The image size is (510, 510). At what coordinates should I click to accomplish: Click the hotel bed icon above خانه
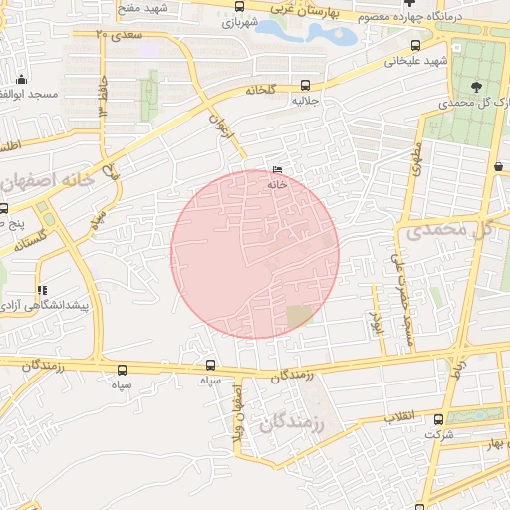coord(276,171)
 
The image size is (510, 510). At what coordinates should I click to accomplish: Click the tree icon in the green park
coord(475,87)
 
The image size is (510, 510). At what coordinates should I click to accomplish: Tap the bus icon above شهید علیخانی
coord(415,45)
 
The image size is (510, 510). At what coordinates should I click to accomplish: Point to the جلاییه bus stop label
coord(304,101)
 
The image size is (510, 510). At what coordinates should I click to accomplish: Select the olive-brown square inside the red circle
coord(298,317)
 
